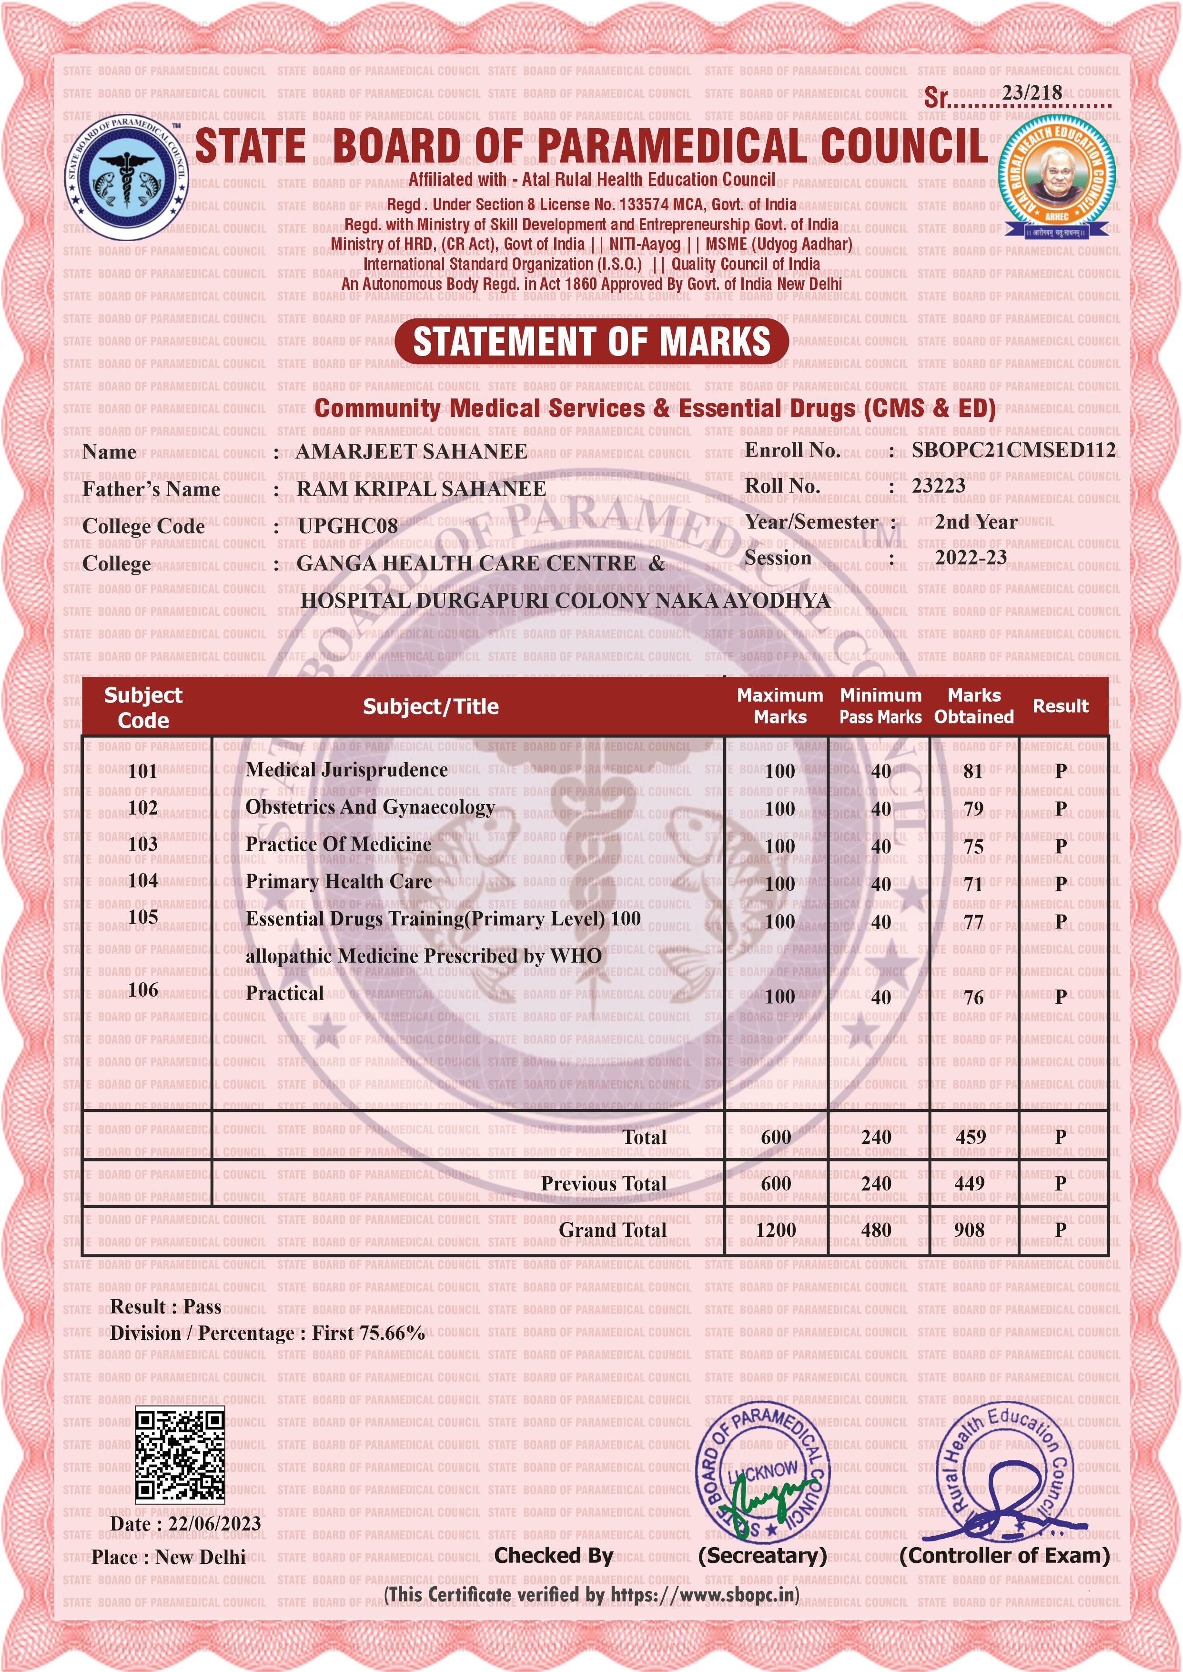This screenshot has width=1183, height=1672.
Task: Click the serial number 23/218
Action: [1031, 92]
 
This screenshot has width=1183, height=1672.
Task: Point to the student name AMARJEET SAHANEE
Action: [411, 452]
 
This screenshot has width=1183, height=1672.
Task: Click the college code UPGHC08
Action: [347, 526]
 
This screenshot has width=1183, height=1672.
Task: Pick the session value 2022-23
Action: [971, 557]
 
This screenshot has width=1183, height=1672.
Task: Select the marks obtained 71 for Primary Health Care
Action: [973, 884]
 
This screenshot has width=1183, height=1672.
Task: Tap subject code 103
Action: [143, 845]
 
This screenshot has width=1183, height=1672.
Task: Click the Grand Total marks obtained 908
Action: [970, 1230]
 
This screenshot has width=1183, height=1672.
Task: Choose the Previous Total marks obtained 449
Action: [970, 1183]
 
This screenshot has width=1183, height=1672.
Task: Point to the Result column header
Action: [1060, 706]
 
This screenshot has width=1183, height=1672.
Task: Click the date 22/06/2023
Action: [214, 1523]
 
